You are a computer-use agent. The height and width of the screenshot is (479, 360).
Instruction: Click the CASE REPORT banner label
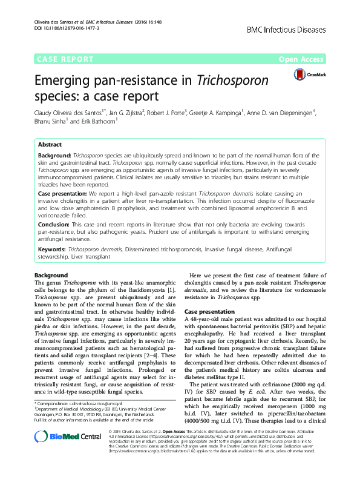(65, 59)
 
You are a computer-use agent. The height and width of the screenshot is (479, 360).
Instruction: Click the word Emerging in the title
(67, 81)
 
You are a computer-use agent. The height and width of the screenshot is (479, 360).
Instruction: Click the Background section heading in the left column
(51, 276)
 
